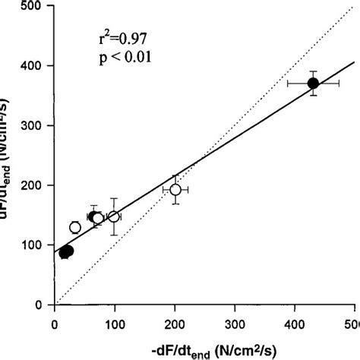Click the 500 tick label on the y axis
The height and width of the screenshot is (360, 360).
coord(34,7)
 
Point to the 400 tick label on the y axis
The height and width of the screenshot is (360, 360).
coord(34,66)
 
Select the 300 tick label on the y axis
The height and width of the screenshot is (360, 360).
coord(34,126)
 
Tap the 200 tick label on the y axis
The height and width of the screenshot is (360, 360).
coord(34,186)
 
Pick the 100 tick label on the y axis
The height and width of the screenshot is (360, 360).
coord(34,245)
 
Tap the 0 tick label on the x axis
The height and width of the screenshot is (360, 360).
coord(55,321)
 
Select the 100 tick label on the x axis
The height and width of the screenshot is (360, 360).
coord(115,321)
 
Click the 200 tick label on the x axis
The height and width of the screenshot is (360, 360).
coord(175,321)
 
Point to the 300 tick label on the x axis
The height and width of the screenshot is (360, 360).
coord(235,321)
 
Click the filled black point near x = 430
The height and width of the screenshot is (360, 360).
coord(313,84)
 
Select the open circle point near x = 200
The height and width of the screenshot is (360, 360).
coord(175,190)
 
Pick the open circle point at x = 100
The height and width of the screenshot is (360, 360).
coord(114,216)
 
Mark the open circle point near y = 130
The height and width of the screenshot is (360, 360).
coord(74,227)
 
